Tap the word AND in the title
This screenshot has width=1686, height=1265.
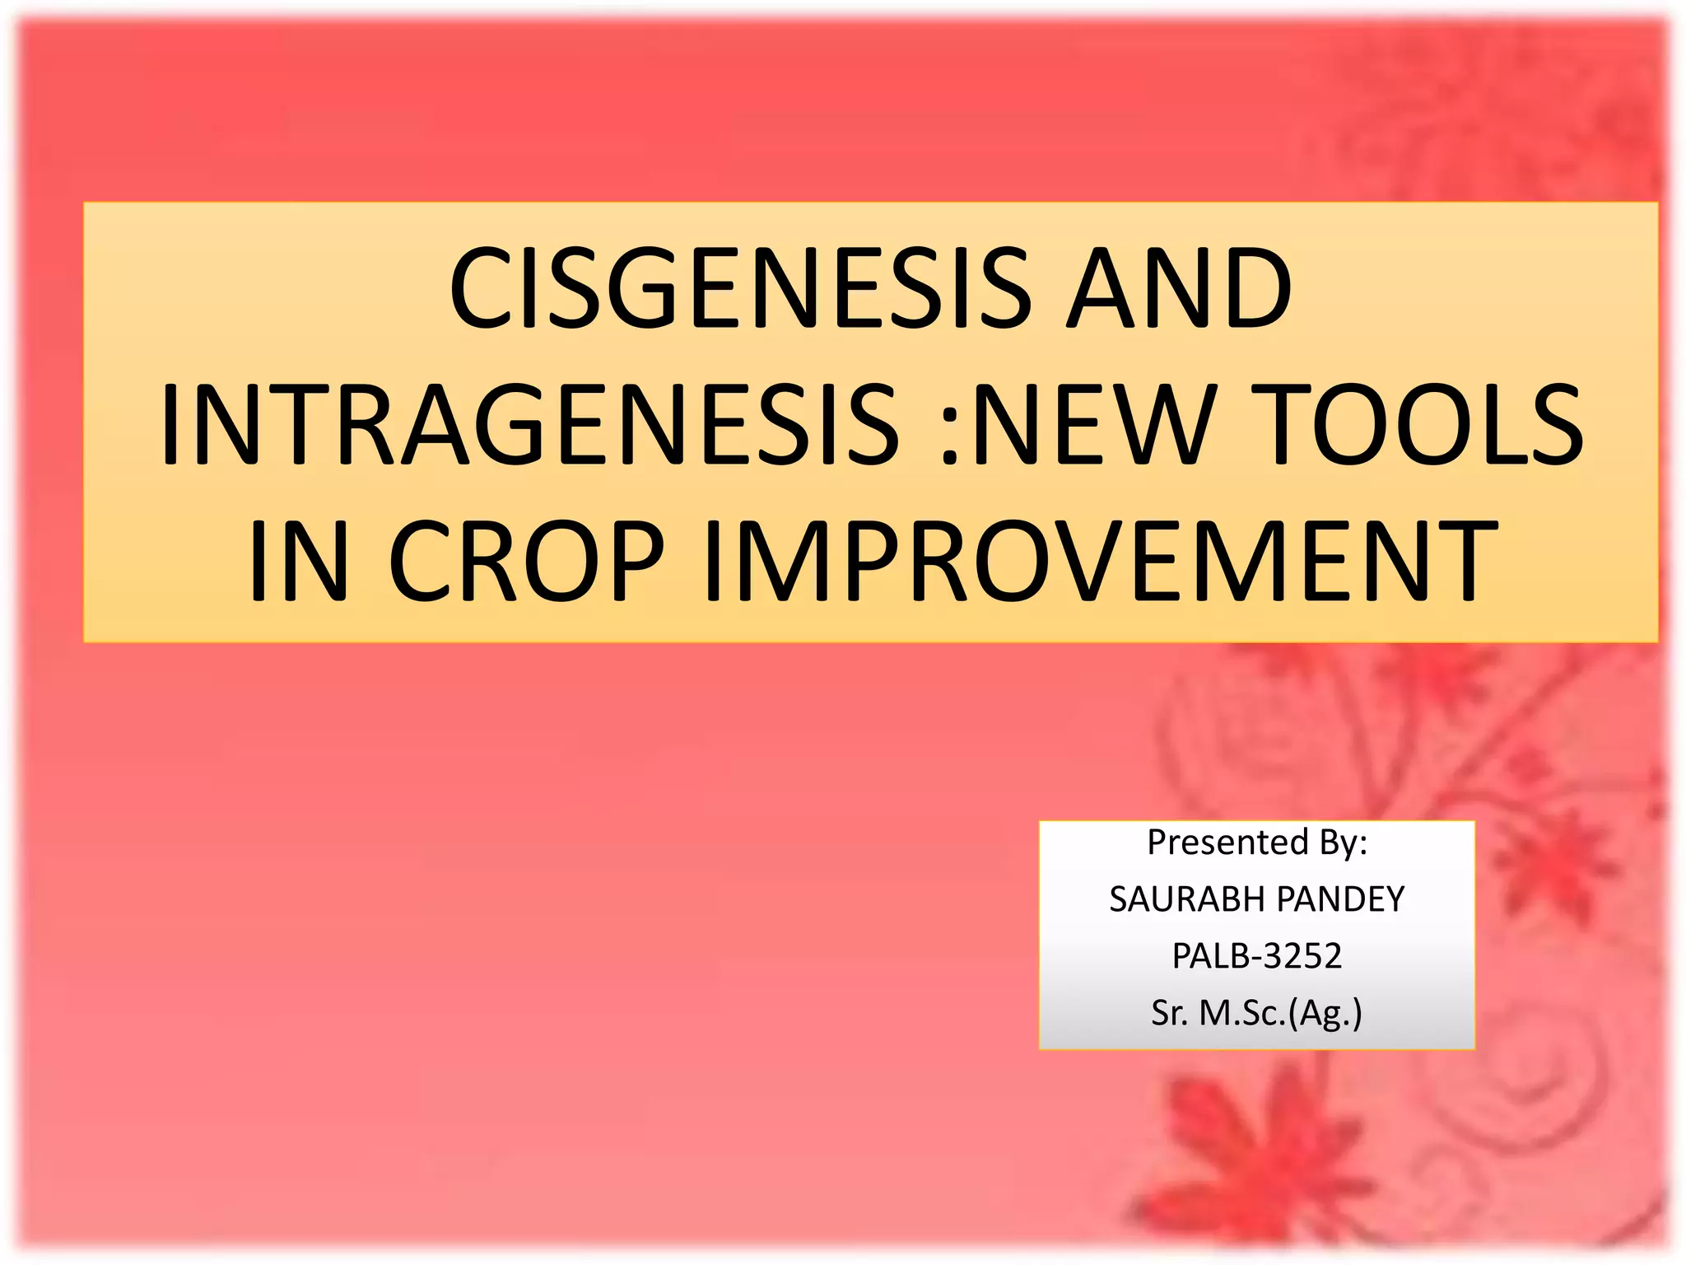click(1179, 288)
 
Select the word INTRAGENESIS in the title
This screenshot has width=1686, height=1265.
click(529, 424)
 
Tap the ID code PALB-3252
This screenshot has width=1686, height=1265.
click(1257, 956)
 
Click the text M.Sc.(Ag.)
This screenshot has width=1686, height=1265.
click(1280, 1013)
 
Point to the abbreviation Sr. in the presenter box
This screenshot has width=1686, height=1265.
click(1169, 1013)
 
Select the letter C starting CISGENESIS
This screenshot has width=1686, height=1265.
click(477, 288)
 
